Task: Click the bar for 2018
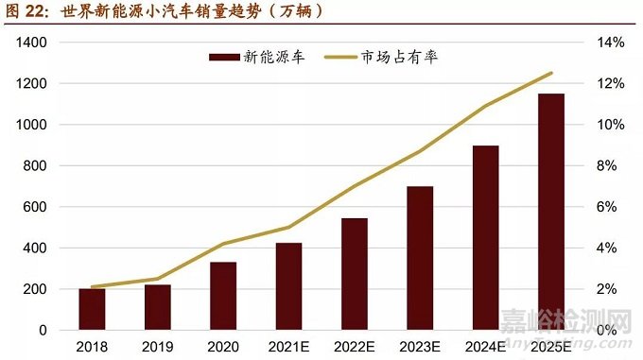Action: (92, 309)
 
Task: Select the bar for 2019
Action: (158, 307)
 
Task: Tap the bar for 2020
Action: (223, 296)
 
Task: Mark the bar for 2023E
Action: (420, 258)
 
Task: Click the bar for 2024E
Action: (486, 237)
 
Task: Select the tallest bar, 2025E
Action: (551, 212)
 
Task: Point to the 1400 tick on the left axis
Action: (31, 43)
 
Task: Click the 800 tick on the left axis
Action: (35, 166)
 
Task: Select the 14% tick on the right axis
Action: (608, 43)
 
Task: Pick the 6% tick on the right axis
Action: (605, 207)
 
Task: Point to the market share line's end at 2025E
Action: (551, 73)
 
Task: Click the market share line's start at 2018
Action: (92, 286)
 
